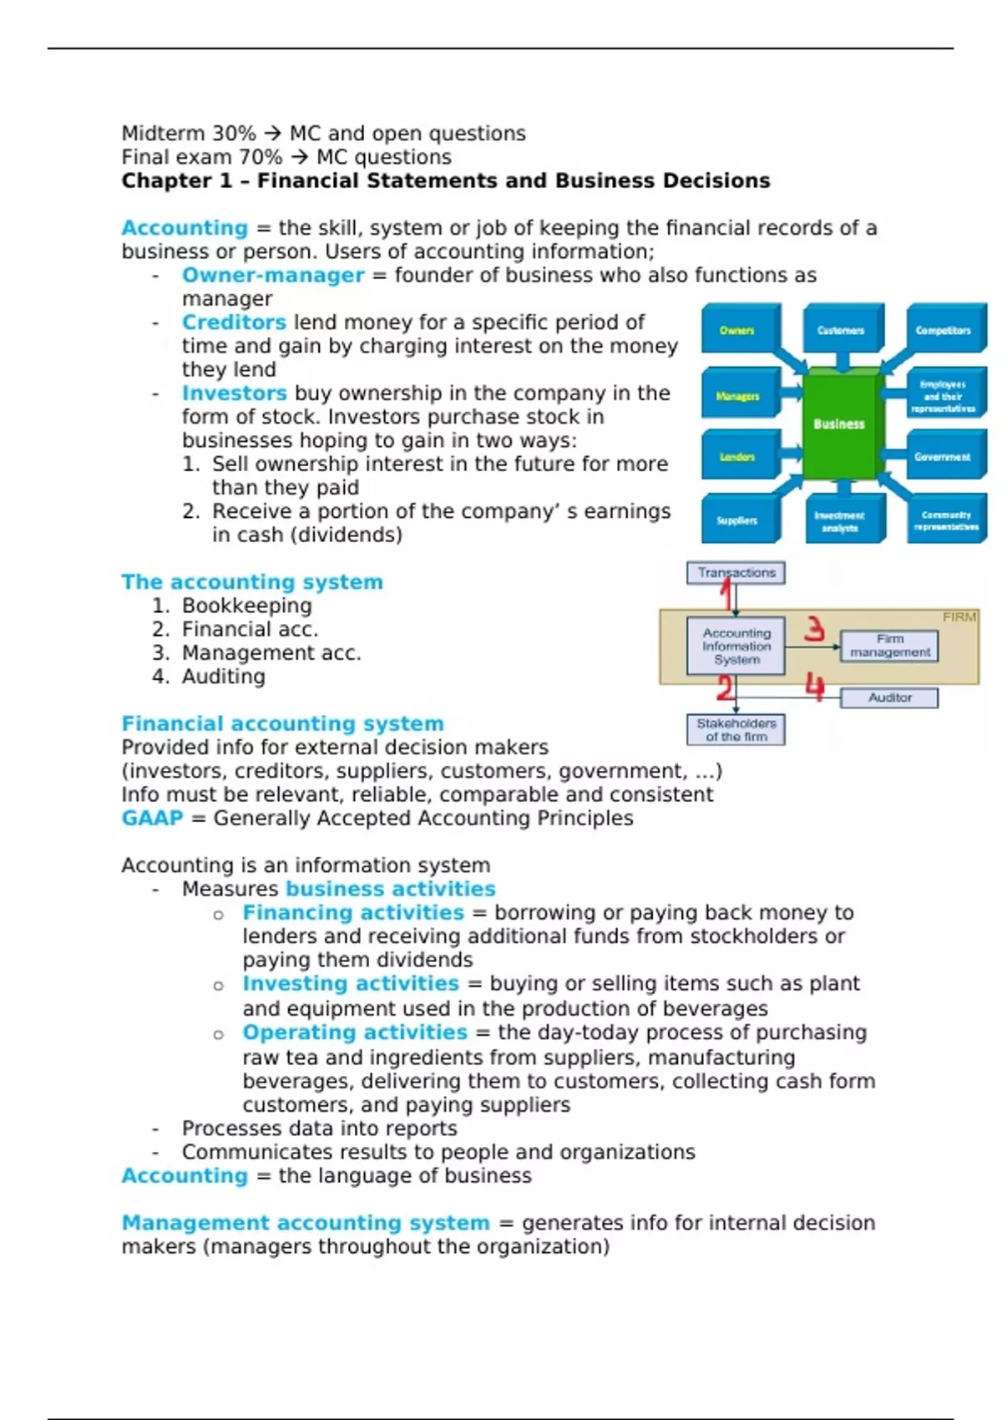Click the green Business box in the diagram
coord(839,424)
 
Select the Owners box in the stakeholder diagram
coord(737,331)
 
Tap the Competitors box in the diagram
coord(943,331)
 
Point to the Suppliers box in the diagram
coord(737,520)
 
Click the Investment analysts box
coord(840,521)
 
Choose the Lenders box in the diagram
coord(737,457)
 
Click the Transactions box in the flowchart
coord(736,573)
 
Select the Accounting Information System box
coord(736,647)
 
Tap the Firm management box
coord(889,646)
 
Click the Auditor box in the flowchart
coord(889,697)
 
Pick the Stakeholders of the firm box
coord(736,730)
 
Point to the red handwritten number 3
coord(814,629)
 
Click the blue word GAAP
coord(152,819)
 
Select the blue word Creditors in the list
coord(234,322)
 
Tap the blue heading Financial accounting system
coord(282,724)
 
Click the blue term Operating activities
coord(355,1032)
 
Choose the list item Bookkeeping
coord(246,606)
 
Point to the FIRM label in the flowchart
coord(959,617)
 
